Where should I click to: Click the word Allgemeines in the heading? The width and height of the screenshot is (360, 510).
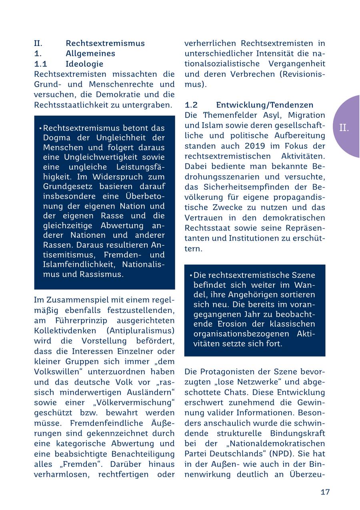pos(90,54)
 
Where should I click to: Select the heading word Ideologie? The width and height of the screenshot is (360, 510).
pos(84,64)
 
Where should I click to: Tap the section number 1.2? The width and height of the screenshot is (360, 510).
pos(191,105)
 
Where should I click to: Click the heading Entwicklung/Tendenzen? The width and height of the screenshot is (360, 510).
pos(264,105)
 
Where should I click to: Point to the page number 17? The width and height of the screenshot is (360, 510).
pos(325,492)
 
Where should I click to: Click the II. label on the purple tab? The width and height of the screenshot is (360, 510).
pos(344,128)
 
